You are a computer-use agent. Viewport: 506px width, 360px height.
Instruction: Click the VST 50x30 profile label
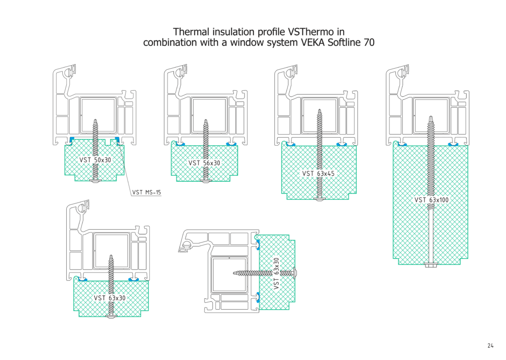pos(95,160)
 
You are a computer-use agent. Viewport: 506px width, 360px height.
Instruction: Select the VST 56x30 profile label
pos(204,163)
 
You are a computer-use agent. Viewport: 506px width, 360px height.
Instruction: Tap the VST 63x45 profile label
pos(318,174)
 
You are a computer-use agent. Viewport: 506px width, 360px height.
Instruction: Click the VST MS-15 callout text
pos(147,193)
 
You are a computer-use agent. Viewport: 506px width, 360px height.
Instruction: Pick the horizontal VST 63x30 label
pos(110,298)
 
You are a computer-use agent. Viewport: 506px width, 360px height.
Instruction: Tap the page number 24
pos(490,346)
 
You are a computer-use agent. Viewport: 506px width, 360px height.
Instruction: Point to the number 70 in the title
pos(369,42)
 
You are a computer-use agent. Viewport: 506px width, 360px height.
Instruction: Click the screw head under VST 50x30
pos(96,181)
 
